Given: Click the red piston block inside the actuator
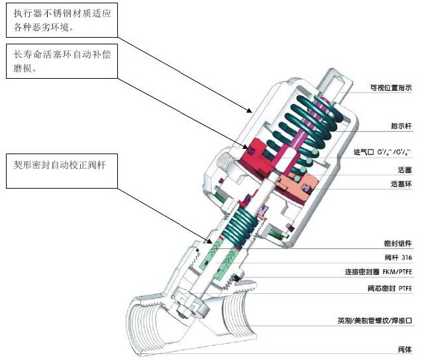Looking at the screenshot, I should click(x=255, y=154).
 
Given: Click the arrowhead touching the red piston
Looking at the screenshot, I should click(x=246, y=147).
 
